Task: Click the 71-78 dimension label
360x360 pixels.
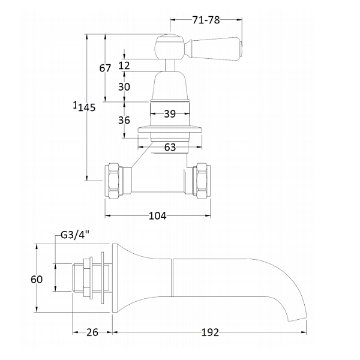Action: [206, 20]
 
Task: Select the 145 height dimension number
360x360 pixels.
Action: [86, 107]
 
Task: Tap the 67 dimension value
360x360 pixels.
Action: [105, 68]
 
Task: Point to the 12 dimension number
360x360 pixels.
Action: [124, 65]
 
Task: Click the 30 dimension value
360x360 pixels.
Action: [124, 87]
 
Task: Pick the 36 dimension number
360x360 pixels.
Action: [124, 120]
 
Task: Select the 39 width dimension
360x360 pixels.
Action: [170, 113]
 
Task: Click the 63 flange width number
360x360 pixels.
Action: [170, 147]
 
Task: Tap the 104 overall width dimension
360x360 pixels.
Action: [157, 216]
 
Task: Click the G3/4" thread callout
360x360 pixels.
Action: [75, 235]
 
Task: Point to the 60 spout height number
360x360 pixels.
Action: [37, 280]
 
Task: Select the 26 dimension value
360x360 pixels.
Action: [92, 332]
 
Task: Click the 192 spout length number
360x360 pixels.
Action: [210, 332]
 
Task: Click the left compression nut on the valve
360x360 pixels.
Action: [114, 181]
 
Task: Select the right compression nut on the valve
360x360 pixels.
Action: [202, 181]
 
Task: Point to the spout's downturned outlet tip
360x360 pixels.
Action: [298, 319]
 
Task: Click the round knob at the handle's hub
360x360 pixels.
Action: [170, 47]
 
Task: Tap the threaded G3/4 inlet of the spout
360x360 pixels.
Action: [78, 278]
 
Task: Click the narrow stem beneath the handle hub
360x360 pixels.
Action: [170, 65]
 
